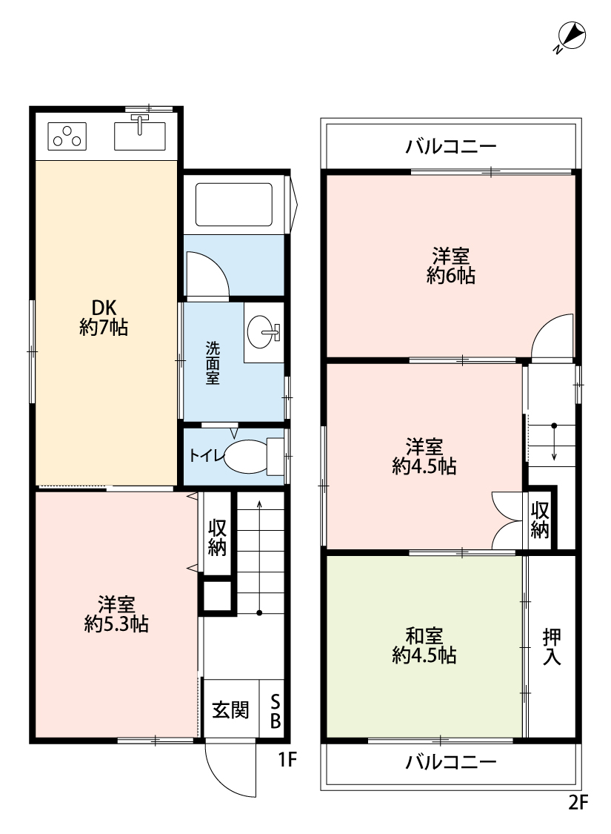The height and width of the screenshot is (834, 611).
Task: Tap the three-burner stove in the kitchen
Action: point(67,136)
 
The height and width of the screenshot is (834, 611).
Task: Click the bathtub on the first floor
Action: point(234,205)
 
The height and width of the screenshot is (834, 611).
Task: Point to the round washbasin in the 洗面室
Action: point(261,332)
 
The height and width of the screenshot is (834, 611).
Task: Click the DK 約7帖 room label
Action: point(104,317)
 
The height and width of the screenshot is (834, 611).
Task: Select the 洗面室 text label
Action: point(213,363)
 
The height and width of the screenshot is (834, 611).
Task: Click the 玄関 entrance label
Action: point(230,709)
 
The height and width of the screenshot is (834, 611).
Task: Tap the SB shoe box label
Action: point(276,711)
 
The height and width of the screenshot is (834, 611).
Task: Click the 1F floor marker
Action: point(287,760)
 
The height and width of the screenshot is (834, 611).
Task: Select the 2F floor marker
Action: point(578,802)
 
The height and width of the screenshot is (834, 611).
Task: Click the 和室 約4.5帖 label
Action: point(424,646)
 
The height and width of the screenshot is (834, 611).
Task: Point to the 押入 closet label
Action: point(552,646)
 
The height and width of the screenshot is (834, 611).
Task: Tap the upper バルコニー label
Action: point(451,146)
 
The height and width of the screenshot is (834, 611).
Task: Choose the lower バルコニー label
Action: point(451,762)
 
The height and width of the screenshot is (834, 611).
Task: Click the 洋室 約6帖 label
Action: point(450,266)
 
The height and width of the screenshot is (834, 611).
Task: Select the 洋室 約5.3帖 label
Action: point(116,614)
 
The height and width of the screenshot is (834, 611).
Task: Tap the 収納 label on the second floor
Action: point(540,520)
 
